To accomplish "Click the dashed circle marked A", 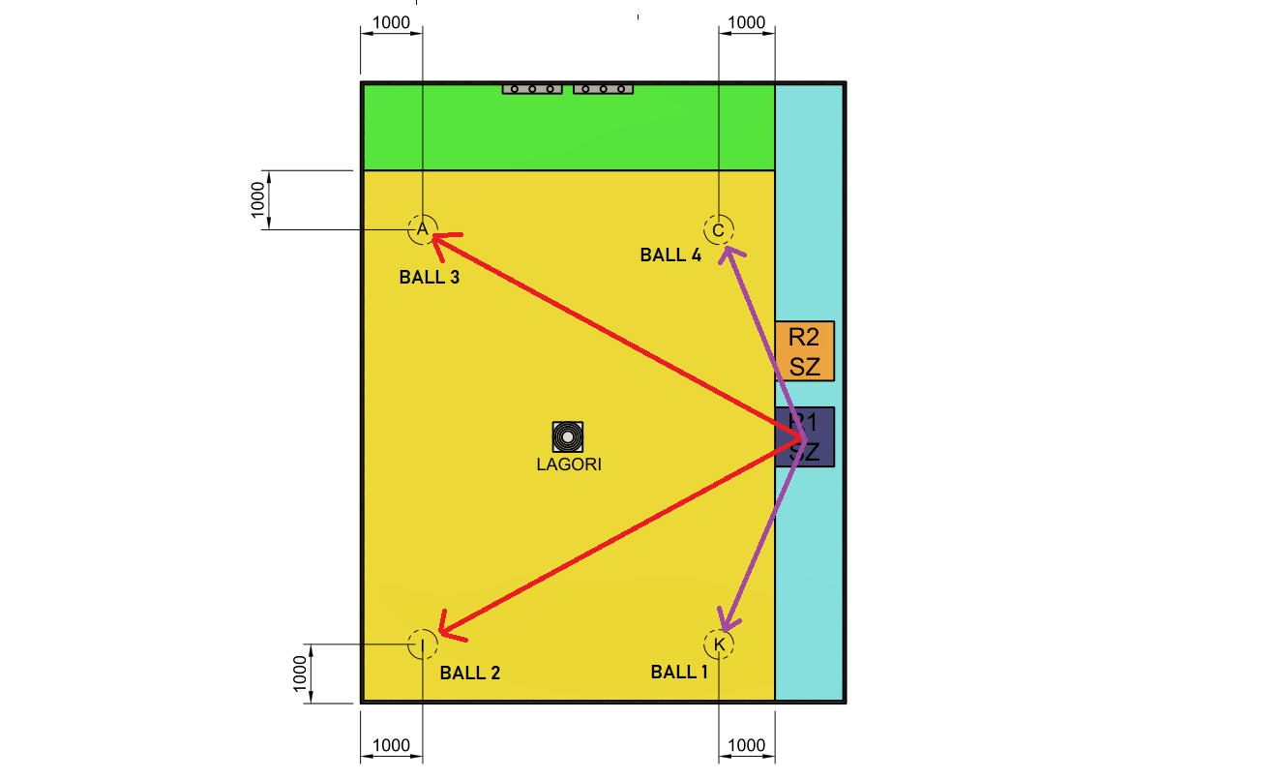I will tap(422, 229).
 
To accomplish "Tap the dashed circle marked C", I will tap(718, 230).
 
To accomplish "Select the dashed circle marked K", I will tap(719, 644).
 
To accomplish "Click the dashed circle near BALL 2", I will tap(423, 644).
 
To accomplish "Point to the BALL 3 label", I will tap(429, 278).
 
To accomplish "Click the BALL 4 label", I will tap(670, 255).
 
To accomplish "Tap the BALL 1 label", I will tap(679, 672).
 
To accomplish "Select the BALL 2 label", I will tap(469, 673).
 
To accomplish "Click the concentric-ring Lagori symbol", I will tap(568, 437).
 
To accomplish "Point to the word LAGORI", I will tap(569, 464).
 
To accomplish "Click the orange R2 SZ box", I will tap(804, 351).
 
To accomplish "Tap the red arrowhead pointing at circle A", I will tap(442, 242).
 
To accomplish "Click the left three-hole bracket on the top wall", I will tap(532, 89).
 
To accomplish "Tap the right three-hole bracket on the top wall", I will tap(603, 89).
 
